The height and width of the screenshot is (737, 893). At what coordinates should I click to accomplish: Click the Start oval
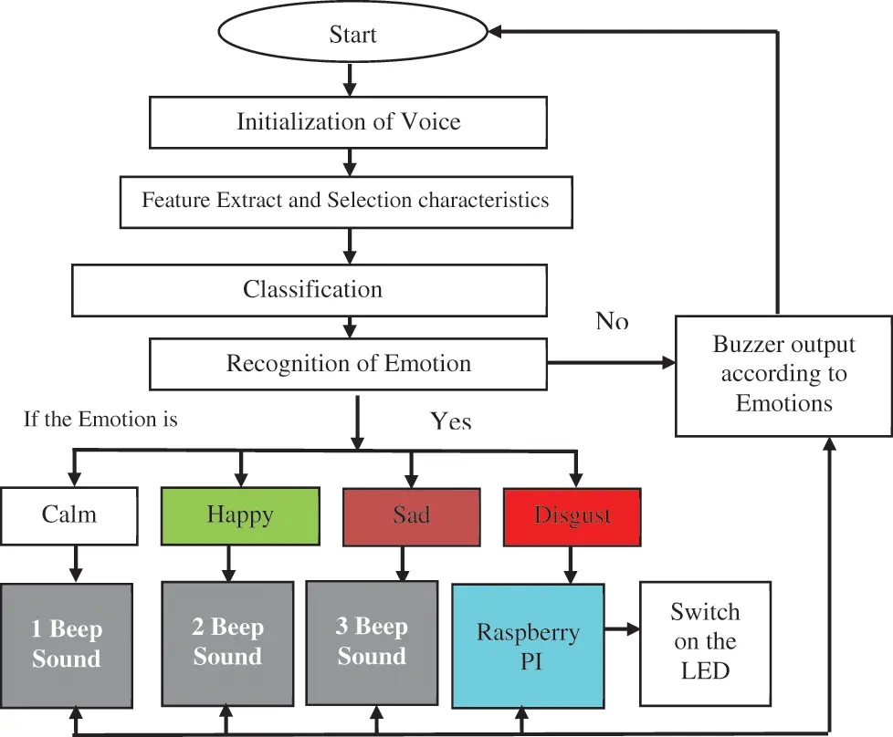pos(352,35)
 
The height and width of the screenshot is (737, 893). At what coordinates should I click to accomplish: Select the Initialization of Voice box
pos(348,122)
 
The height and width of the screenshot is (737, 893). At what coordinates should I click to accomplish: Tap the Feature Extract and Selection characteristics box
pos(346,201)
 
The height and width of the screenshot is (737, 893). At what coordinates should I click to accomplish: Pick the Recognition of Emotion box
pos(348,364)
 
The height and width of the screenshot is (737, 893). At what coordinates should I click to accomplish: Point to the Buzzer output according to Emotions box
pos(783,375)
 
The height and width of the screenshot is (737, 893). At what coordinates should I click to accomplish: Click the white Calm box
pos(69,514)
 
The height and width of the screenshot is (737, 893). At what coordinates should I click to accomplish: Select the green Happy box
pos(240,514)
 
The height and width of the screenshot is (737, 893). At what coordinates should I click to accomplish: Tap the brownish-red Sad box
pos(411,515)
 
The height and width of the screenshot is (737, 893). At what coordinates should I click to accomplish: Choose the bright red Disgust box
pos(573,515)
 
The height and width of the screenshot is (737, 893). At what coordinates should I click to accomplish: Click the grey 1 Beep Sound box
pos(68,644)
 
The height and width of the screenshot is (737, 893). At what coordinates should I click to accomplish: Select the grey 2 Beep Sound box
pos(227,642)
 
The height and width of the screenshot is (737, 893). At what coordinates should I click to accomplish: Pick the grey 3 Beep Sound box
pos(372,642)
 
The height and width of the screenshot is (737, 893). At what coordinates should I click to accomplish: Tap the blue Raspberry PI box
pos(528,646)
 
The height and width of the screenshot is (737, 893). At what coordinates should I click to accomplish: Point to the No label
pos(612,321)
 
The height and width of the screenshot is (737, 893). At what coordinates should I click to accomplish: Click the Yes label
pos(451,420)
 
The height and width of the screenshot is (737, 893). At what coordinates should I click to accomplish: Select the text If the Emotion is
pos(101,420)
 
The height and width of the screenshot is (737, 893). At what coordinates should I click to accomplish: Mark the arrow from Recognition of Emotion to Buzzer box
pos(611,363)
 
